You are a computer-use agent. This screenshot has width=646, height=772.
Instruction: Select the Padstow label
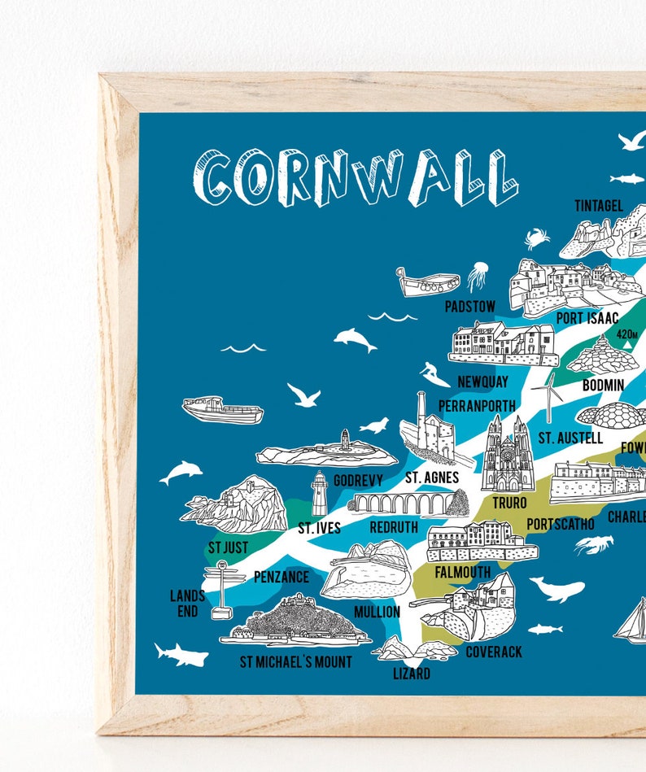tap(469, 307)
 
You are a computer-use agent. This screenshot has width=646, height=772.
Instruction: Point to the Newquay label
tap(482, 381)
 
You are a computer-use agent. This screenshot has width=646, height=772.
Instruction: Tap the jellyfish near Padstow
tap(477, 277)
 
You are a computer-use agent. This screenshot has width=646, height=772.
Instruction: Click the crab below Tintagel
tap(537, 238)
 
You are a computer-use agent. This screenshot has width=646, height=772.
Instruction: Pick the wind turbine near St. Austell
tap(551, 396)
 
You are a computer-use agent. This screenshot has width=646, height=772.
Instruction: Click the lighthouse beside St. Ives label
tap(319, 494)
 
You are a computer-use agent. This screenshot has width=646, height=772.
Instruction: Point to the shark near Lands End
tap(181, 654)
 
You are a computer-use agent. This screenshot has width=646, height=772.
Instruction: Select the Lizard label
tap(411, 674)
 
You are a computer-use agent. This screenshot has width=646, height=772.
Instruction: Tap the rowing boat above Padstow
tap(428, 282)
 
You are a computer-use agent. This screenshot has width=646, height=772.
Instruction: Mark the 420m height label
tap(627, 334)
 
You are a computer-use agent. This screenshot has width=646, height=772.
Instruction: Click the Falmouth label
tap(462, 572)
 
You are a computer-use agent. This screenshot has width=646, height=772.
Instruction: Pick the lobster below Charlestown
tap(594, 544)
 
